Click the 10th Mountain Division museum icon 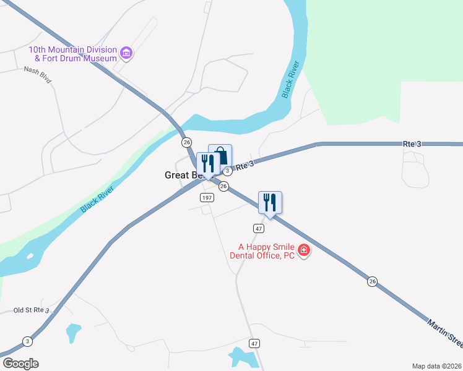tap(127, 53)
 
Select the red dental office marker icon tap(303, 250)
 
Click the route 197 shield tap(207, 198)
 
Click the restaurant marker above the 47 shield tap(270, 202)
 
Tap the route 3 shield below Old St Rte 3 tap(27, 341)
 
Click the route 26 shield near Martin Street tap(372, 281)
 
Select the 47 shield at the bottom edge tap(254, 343)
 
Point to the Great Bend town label tap(180, 176)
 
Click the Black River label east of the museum tap(291, 79)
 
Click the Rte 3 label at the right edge tap(412, 144)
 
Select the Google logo tap(20, 364)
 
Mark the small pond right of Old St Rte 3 tap(74, 332)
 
